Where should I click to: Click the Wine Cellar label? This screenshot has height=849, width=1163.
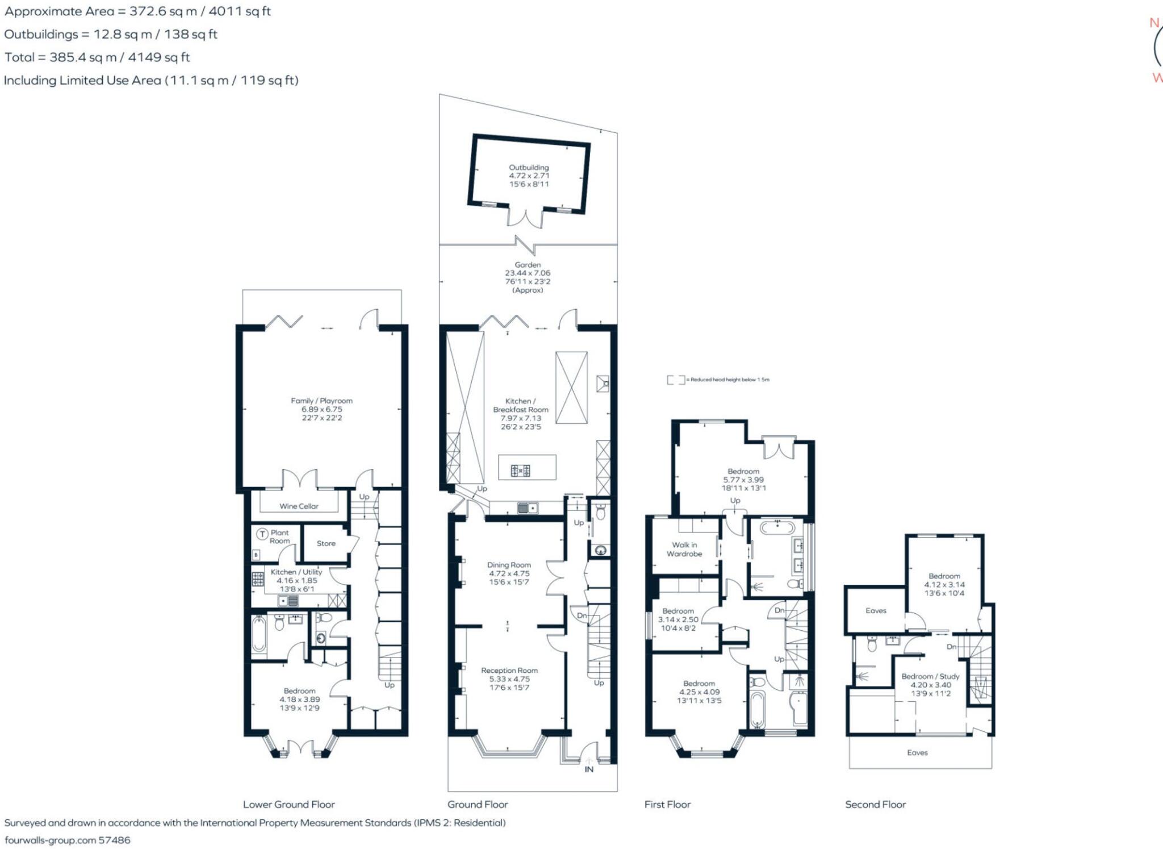[x=299, y=506]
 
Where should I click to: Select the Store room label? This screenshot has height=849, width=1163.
[x=326, y=543]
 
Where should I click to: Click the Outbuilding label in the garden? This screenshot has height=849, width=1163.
[x=529, y=168]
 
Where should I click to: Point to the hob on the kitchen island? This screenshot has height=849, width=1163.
[x=520, y=471]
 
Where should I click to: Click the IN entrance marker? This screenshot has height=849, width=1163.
[x=589, y=769]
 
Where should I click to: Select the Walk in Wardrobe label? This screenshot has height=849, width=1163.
[x=684, y=549]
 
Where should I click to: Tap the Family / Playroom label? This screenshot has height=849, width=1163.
[x=321, y=401]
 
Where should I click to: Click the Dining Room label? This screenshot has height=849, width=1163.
[x=509, y=565]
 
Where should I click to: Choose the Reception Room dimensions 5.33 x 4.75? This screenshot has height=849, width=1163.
[x=509, y=679]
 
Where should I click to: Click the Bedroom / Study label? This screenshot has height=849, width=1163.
[x=930, y=676]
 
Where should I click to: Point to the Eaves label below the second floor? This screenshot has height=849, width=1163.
[x=917, y=752]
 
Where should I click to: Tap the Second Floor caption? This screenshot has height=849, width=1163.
[x=875, y=804]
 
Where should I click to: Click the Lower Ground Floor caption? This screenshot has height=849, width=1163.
[x=288, y=804]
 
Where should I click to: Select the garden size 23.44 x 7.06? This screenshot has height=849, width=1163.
[x=528, y=273]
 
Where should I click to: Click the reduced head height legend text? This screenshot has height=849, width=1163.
[x=730, y=380]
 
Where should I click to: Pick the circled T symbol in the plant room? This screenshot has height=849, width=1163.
[x=262, y=534]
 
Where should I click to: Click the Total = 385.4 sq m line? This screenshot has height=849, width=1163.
[x=97, y=57]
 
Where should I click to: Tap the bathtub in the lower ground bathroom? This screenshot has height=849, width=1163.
[x=258, y=635]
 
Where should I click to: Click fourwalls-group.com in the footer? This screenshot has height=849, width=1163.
[x=51, y=840]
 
